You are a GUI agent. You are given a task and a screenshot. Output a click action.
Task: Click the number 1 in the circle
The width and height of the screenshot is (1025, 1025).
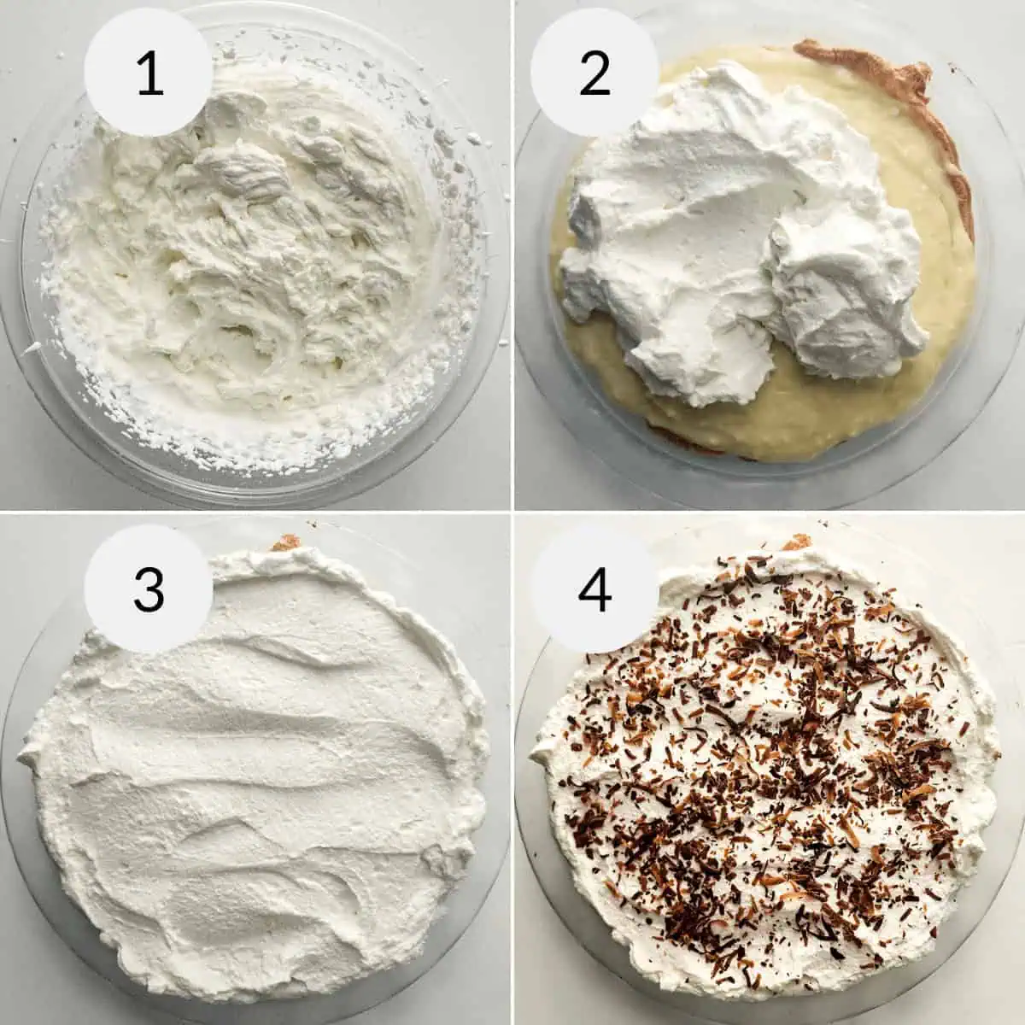pyautogui.click(x=149, y=73)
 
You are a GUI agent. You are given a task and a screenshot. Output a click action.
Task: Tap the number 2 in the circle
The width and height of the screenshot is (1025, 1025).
pyautogui.click(x=594, y=73)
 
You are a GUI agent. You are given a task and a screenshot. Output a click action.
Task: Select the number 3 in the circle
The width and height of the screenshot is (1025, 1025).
pyautogui.click(x=149, y=589)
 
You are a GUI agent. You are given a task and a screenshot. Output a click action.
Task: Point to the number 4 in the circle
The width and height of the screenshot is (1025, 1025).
pyautogui.click(x=594, y=589)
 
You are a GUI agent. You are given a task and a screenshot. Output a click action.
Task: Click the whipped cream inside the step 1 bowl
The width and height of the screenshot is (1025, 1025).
pyautogui.click(x=256, y=256)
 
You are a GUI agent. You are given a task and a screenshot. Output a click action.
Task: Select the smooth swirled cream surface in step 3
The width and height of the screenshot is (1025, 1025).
pyautogui.click(x=256, y=786)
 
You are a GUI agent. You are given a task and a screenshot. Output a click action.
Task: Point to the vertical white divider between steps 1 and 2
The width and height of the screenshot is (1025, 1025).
pyautogui.click(x=512, y=256)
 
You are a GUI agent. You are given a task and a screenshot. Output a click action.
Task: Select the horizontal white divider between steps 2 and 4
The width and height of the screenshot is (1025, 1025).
pyautogui.click(x=769, y=512)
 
